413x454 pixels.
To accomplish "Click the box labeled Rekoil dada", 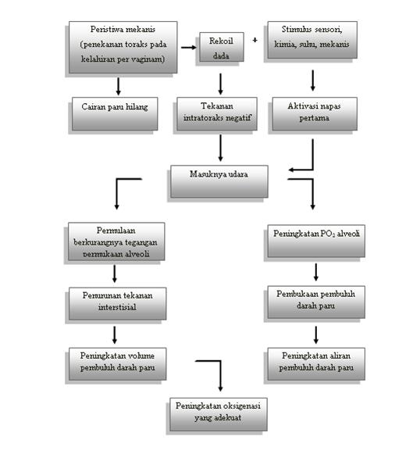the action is [222, 47].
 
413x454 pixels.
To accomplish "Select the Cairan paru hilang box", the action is [115, 114].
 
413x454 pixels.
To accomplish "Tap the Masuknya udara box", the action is [219, 181].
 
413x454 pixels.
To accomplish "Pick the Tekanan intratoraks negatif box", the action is [217, 114].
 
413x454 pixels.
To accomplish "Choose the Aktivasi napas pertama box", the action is [315, 114].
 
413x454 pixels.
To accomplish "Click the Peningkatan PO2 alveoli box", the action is [316, 241].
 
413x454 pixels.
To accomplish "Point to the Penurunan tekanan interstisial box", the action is [117, 304].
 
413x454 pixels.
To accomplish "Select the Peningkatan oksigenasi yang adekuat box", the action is [219, 414].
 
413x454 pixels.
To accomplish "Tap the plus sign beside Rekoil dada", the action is [255, 40].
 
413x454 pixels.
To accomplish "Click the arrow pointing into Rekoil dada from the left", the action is [189, 47].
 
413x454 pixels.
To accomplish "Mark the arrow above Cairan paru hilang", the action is [118, 86].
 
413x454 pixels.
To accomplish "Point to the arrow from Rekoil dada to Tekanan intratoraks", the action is [220, 84].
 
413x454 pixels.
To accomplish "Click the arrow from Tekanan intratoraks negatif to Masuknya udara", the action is [220, 148].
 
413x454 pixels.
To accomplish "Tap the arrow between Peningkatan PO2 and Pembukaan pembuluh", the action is [316, 272].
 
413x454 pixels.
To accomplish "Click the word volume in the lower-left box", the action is [141, 356].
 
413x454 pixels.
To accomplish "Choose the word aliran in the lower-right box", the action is [340, 356].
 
